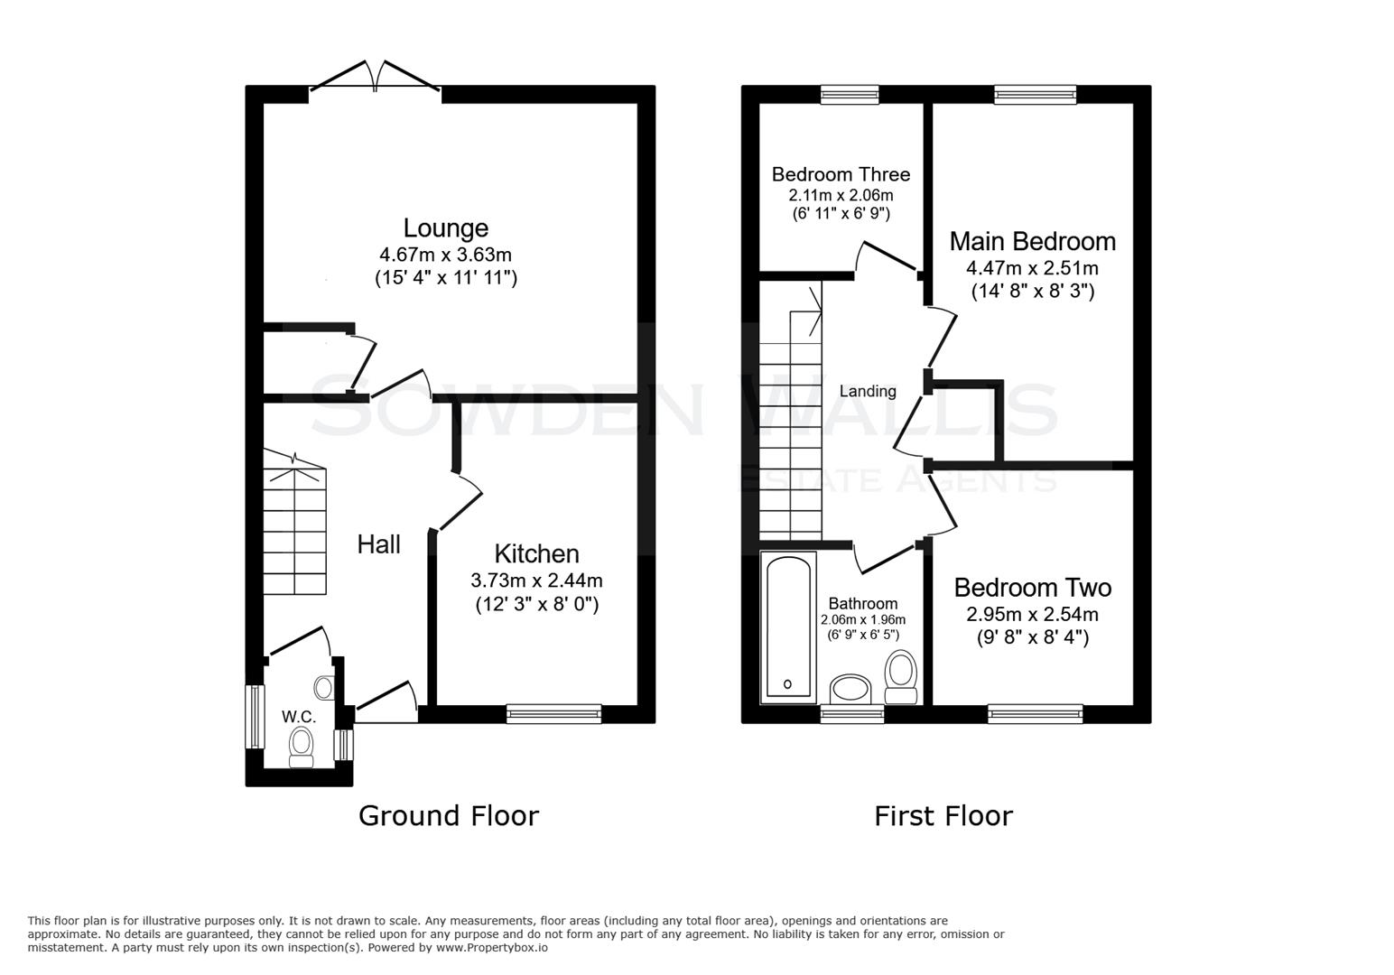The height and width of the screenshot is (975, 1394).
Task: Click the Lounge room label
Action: click(445, 228)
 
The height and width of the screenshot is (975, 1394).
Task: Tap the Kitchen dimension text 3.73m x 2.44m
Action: click(536, 580)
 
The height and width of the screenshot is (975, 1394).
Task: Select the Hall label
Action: click(378, 544)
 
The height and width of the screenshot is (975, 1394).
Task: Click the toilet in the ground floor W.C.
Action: click(301, 747)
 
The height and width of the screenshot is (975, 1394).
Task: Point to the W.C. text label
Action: click(298, 717)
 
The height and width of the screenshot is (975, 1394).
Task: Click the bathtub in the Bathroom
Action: click(789, 627)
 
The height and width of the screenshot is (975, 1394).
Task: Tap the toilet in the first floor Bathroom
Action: click(900, 677)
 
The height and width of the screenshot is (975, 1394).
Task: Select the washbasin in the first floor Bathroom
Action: click(850, 689)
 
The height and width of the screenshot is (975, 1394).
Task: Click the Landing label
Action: click(868, 391)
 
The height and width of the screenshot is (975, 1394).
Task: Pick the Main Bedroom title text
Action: click(1032, 242)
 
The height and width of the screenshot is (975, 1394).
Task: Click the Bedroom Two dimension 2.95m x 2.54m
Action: click(1032, 615)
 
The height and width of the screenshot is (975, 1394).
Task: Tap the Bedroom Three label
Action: click(841, 174)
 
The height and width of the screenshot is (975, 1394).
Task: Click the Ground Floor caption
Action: click(448, 816)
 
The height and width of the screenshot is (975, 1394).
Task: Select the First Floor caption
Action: click(943, 816)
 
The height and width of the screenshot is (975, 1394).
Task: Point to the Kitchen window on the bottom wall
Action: click(553, 714)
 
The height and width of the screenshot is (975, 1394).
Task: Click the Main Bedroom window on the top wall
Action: click(1035, 94)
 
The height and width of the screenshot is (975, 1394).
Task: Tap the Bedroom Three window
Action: click(850, 94)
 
